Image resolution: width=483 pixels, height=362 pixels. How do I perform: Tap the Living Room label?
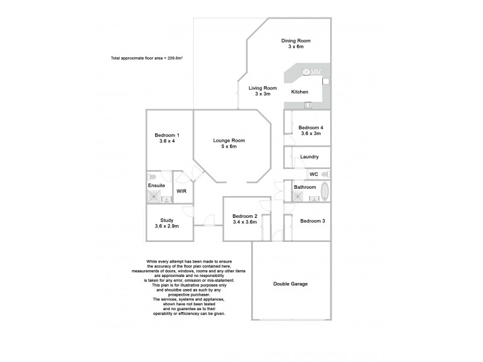(x=263, y=88)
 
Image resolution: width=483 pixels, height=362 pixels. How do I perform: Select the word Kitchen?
(x=300, y=92)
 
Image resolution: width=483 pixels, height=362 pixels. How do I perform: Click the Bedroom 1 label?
(x=167, y=135)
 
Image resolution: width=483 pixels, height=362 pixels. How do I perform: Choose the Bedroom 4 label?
(x=311, y=127)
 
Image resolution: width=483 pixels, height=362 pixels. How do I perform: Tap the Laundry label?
(x=309, y=157)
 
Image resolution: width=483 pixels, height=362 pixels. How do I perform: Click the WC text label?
(x=313, y=174)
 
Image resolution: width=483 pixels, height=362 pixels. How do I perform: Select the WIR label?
(x=181, y=191)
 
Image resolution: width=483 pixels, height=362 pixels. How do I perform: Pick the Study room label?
(x=167, y=220)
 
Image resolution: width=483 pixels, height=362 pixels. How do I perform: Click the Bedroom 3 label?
(x=313, y=221)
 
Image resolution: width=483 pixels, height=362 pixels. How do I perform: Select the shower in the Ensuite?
(x=153, y=196)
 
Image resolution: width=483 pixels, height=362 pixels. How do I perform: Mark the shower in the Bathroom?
(x=297, y=195)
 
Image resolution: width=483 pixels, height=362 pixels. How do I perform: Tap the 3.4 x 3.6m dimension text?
(x=245, y=222)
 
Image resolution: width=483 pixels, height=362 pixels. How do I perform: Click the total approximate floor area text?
(x=147, y=58)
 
